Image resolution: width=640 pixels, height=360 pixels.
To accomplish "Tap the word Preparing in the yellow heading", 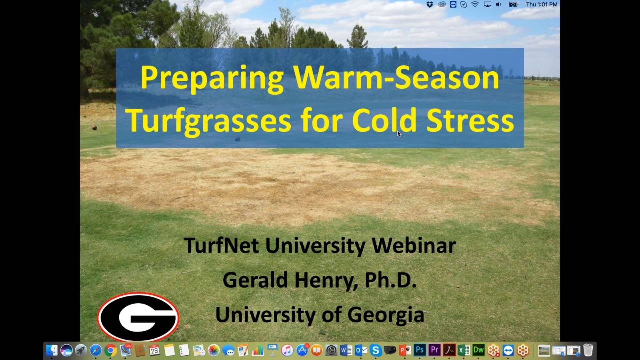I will click(212, 77).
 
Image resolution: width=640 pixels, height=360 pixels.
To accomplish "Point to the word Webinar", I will click(414, 245).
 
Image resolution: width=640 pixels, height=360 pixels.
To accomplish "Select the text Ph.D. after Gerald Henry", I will click(390, 280).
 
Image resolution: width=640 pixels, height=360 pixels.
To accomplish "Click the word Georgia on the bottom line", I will click(386, 315).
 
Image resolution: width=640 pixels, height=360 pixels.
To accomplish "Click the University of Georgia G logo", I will click(138, 317).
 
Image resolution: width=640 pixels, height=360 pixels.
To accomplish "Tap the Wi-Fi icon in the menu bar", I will click(475, 4).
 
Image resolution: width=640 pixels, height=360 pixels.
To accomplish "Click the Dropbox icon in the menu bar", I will click(430, 4).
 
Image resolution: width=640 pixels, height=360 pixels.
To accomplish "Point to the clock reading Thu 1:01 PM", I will click(541, 4).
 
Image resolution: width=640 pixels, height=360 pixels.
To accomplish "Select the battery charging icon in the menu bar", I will click(513, 4).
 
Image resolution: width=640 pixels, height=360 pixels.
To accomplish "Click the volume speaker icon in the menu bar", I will click(498, 4).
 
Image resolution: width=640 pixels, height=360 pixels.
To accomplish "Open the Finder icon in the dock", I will click(52, 350).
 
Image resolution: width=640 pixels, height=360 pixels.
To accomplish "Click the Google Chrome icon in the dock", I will click(110, 350).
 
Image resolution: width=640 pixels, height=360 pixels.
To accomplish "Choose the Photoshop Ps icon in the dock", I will click(420, 350).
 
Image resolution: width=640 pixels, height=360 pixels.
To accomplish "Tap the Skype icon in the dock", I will click(375, 350).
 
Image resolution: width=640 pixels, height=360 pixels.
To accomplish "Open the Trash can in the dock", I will click(588, 350).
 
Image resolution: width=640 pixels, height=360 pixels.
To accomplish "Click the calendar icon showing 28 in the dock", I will click(154, 350).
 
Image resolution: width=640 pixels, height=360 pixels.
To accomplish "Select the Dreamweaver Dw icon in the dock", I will click(478, 350).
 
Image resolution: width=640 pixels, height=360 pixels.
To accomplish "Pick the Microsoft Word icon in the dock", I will click(346, 350).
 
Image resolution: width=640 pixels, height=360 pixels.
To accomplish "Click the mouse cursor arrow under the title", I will click(399, 134).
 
